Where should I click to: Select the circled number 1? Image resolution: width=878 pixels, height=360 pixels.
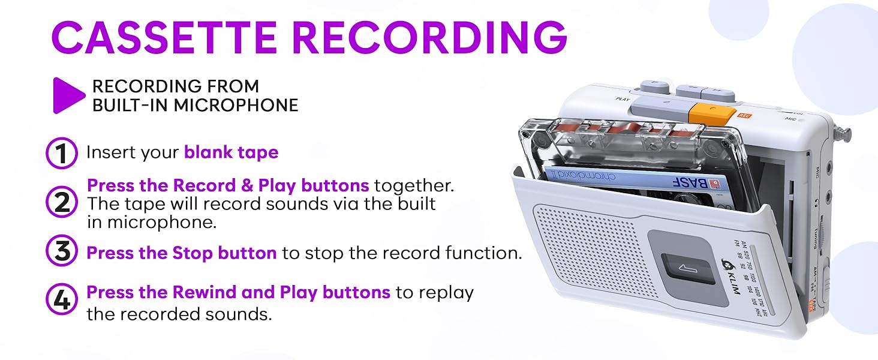tap(62, 153)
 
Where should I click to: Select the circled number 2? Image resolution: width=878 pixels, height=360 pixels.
tap(62, 203)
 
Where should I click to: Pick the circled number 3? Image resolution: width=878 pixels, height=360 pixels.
tap(62, 253)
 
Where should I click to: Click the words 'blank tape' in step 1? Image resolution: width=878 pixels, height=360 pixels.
tap(231, 152)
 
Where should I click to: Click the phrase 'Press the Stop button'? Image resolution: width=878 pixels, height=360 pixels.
tap(181, 253)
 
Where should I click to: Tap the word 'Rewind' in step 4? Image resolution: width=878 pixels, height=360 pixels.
tap(205, 292)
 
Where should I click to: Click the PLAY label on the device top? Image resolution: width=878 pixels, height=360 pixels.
tap(623, 98)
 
